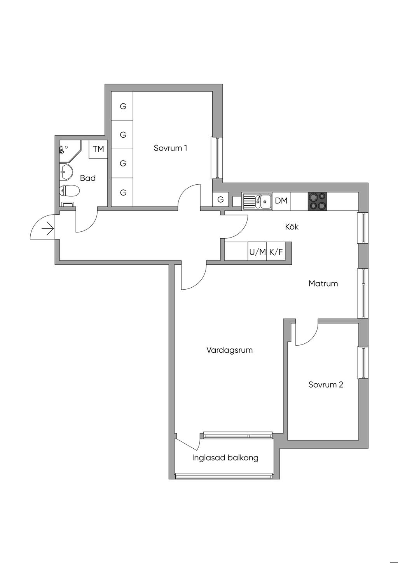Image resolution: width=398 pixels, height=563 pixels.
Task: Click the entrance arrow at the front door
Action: click(48, 229)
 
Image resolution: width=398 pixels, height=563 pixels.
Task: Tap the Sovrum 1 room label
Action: click(170, 148)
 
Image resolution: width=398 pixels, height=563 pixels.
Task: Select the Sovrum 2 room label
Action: click(326, 385)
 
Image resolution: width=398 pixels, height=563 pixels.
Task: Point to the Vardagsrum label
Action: click(229, 350)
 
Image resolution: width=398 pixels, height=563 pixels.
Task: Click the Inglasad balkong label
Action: click(225, 458)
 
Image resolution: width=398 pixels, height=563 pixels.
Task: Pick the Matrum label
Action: click(323, 283)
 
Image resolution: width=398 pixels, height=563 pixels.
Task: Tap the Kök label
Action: click(292, 227)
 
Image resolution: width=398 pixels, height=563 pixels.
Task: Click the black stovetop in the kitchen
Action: click(317, 201)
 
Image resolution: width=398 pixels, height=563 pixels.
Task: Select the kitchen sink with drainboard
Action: click(257, 201)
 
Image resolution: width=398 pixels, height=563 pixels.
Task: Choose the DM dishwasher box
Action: click(281, 201)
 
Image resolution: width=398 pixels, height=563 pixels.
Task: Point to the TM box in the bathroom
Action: click(98, 149)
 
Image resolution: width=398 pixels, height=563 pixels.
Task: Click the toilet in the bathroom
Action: click(69, 191)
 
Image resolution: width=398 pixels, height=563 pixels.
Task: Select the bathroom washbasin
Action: click(66, 172)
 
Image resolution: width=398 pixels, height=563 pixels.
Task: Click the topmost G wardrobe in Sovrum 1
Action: click(122, 106)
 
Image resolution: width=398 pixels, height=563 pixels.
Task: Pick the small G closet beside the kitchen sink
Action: click(220, 199)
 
